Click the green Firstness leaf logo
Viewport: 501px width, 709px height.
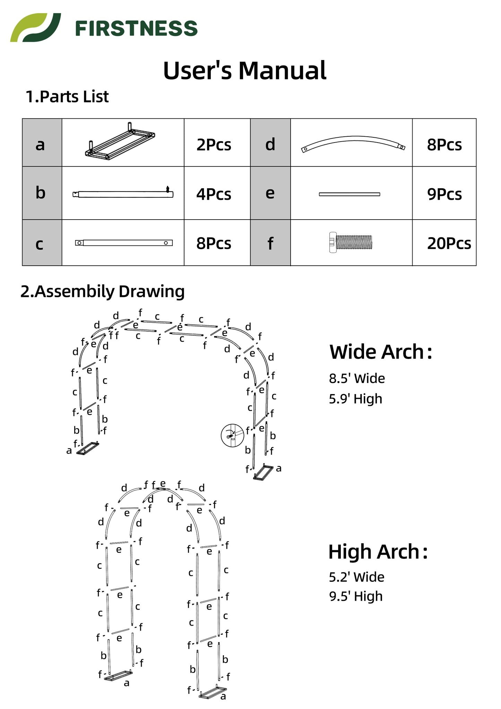[35, 28]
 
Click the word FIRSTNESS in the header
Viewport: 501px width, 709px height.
[136, 28]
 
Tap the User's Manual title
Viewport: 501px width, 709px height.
[244, 70]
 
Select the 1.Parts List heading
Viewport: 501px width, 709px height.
[67, 97]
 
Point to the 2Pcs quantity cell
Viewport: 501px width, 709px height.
[214, 145]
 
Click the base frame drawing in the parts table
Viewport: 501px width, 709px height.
[120, 142]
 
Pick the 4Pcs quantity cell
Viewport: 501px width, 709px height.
[214, 194]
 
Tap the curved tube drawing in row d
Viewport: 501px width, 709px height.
[353, 144]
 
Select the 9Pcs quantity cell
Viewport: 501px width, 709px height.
[444, 194]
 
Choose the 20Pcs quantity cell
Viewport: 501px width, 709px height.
[449, 244]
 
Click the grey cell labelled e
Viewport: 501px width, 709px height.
[270, 193]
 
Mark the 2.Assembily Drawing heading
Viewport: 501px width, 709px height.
[103, 292]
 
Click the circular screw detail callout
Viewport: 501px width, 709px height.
[232, 435]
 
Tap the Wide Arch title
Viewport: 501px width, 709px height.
[381, 352]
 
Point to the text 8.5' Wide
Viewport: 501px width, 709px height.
[357, 378]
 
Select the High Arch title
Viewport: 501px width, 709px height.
[378, 552]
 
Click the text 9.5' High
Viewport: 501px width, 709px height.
[356, 596]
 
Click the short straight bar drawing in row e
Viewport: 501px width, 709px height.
[349, 194]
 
